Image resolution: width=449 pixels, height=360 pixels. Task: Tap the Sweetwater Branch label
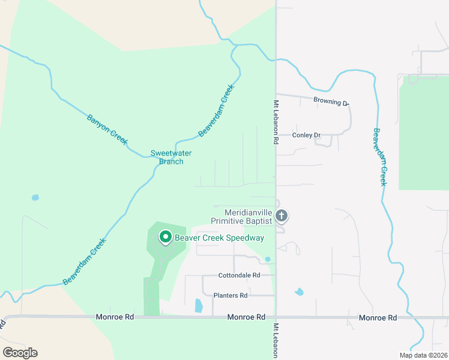[167, 157]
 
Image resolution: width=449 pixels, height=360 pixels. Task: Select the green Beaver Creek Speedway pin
[165, 238]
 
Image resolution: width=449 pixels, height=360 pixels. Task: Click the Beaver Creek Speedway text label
[219, 238]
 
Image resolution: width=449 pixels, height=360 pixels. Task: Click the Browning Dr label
[330, 102]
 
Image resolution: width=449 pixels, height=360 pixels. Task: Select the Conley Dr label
[307, 135]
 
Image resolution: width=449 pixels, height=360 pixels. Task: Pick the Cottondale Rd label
[239, 275]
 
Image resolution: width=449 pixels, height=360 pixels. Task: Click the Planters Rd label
[231, 295]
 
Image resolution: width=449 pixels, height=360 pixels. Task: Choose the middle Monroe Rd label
[246, 316]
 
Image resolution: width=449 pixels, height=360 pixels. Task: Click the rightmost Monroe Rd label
[378, 317]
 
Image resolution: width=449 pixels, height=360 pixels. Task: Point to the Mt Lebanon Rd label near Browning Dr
[277, 122]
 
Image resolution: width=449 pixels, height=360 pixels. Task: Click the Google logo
[20, 353]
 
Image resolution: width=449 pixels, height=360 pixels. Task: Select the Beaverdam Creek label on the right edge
[379, 157]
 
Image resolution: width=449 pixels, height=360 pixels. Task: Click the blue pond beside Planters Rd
[199, 305]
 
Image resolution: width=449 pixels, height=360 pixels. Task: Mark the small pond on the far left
[35, 197]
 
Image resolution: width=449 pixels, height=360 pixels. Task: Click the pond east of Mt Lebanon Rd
[299, 292]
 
